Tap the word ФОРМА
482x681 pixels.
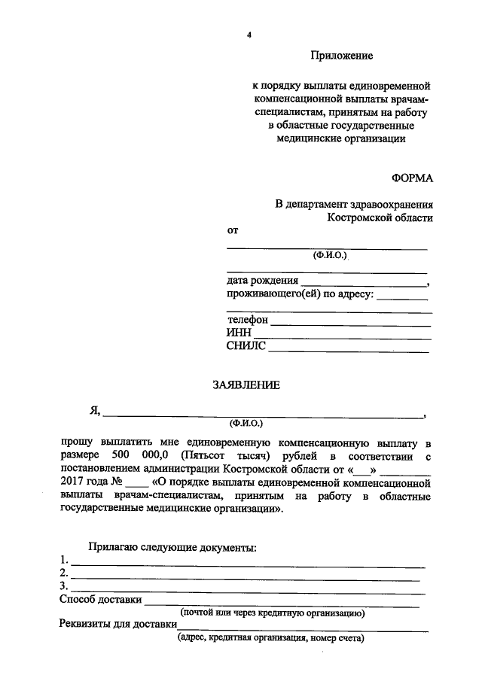412,178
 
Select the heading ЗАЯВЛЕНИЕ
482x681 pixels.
246,385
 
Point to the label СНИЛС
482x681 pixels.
246,346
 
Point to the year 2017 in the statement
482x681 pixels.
74,483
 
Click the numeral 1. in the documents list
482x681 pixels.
64,561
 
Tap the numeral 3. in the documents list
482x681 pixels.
64,586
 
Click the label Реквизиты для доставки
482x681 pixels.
117,625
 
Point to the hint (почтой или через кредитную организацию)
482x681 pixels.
273,613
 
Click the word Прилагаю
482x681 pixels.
112,547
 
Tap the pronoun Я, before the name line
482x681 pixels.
95,411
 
